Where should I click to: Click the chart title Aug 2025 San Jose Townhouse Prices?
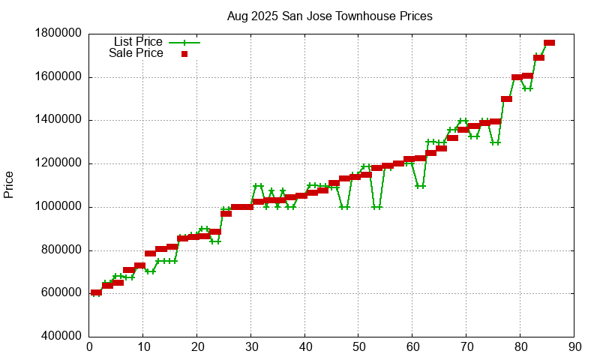[330, 16]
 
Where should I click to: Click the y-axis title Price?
[9, 184]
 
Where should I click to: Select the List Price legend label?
[138, 42]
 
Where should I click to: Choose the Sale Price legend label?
[136, 53]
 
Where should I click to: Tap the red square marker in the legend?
[184, 53]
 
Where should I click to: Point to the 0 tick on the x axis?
[90, 347]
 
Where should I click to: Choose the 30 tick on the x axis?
[251, 347]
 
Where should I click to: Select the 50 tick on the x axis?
[358, 347]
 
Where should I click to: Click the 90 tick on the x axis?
[574, 347]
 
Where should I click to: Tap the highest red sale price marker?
[550, 43]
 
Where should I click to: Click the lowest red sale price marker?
[96, 292]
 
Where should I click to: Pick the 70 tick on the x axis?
[466, 347]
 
